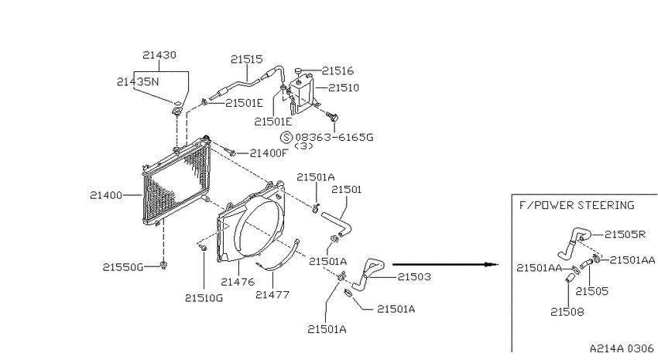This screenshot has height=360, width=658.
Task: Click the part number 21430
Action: [159, 55]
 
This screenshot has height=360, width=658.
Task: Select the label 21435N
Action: [138, 82]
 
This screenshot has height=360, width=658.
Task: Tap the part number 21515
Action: [246, 59]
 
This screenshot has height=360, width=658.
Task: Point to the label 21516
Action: [338, 71]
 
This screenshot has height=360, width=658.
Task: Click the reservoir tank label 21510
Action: [344, 87]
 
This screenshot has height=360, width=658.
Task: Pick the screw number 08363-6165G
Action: [334, 137]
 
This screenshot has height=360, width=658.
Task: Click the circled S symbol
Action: [286, 137]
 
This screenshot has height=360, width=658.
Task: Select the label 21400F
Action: [269, 153]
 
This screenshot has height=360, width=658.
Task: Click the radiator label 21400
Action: [106, 195]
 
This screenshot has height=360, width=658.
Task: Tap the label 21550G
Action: [123, 267]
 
